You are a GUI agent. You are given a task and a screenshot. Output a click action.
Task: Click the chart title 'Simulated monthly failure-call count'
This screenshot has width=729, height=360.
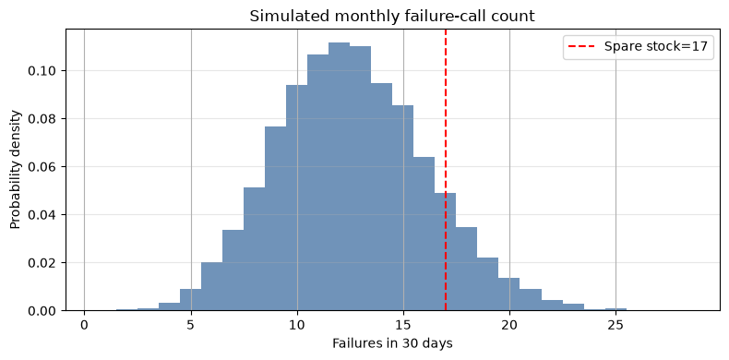point(392,17)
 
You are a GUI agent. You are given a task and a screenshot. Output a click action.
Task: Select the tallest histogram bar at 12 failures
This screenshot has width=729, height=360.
point(339,176)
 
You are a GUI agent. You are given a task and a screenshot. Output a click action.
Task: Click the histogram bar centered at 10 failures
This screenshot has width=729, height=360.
point(296,198)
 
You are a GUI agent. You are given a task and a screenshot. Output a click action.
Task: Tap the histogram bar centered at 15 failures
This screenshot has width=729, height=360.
point(402,208)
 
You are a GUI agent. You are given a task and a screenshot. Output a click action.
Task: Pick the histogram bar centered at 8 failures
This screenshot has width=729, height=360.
point(254,249)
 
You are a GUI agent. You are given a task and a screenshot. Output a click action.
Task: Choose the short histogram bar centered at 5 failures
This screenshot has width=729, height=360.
point(191,299)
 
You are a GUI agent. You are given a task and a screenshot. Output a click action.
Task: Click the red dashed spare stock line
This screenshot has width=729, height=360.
point(446,170)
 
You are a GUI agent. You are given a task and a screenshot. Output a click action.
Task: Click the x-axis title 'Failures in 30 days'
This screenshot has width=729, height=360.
point(392,343)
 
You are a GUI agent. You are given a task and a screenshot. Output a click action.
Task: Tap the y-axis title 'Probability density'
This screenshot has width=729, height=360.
point(16,170)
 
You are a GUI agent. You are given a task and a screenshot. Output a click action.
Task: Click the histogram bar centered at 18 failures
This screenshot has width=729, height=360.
point(466,269)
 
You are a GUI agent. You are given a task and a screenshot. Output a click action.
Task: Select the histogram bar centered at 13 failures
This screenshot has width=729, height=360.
point(360,178)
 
